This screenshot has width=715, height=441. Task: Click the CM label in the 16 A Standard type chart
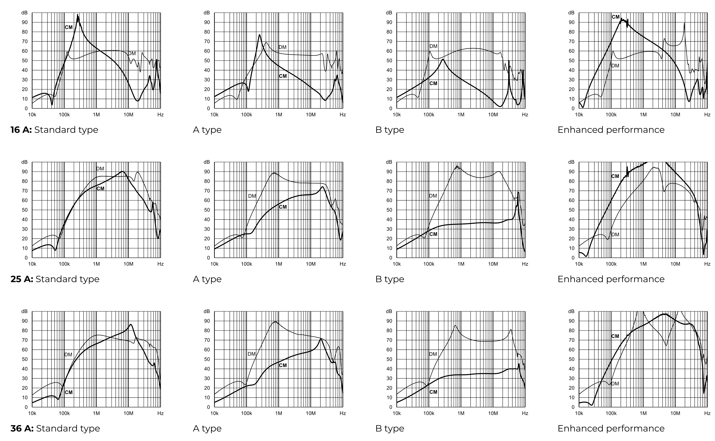(69, 27)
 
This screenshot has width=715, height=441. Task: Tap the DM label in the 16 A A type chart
(282, 47)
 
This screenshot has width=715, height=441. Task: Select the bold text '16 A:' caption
(21, 130)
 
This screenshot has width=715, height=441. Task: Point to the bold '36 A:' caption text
(22, 428)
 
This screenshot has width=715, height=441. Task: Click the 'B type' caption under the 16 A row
(390, 130)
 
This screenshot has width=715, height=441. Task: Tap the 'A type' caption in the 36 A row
(207, 428)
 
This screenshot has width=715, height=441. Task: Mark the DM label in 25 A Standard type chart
(100, 169)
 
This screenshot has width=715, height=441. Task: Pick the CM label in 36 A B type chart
(433, 392)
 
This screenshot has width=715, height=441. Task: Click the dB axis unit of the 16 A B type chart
(389, 13)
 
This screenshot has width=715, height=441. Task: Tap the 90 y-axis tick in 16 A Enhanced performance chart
(572, 22)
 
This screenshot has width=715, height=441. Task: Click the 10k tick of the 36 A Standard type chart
(32, 413)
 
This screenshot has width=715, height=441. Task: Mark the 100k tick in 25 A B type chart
(429, 264)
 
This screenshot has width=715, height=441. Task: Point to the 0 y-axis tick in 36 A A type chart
(208, 407)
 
